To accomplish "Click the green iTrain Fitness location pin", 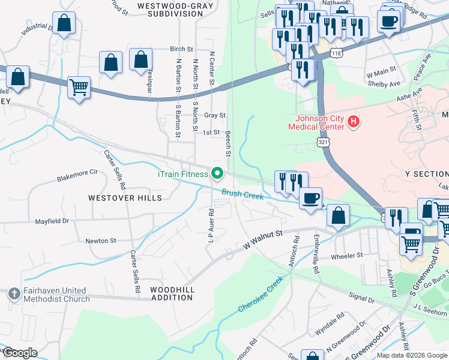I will [x=217, y=175].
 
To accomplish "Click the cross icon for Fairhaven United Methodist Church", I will [x=14, y=294].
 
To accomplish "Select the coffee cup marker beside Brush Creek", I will [x=310, y=199].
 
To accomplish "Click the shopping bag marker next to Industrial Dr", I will [x=65, y=25].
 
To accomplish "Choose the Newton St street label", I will [x=100, y=241].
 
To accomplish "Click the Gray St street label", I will [x=214, y=115].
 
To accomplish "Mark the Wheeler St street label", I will [x=348, y=255].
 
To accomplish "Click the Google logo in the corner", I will [x=19, y=353].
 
